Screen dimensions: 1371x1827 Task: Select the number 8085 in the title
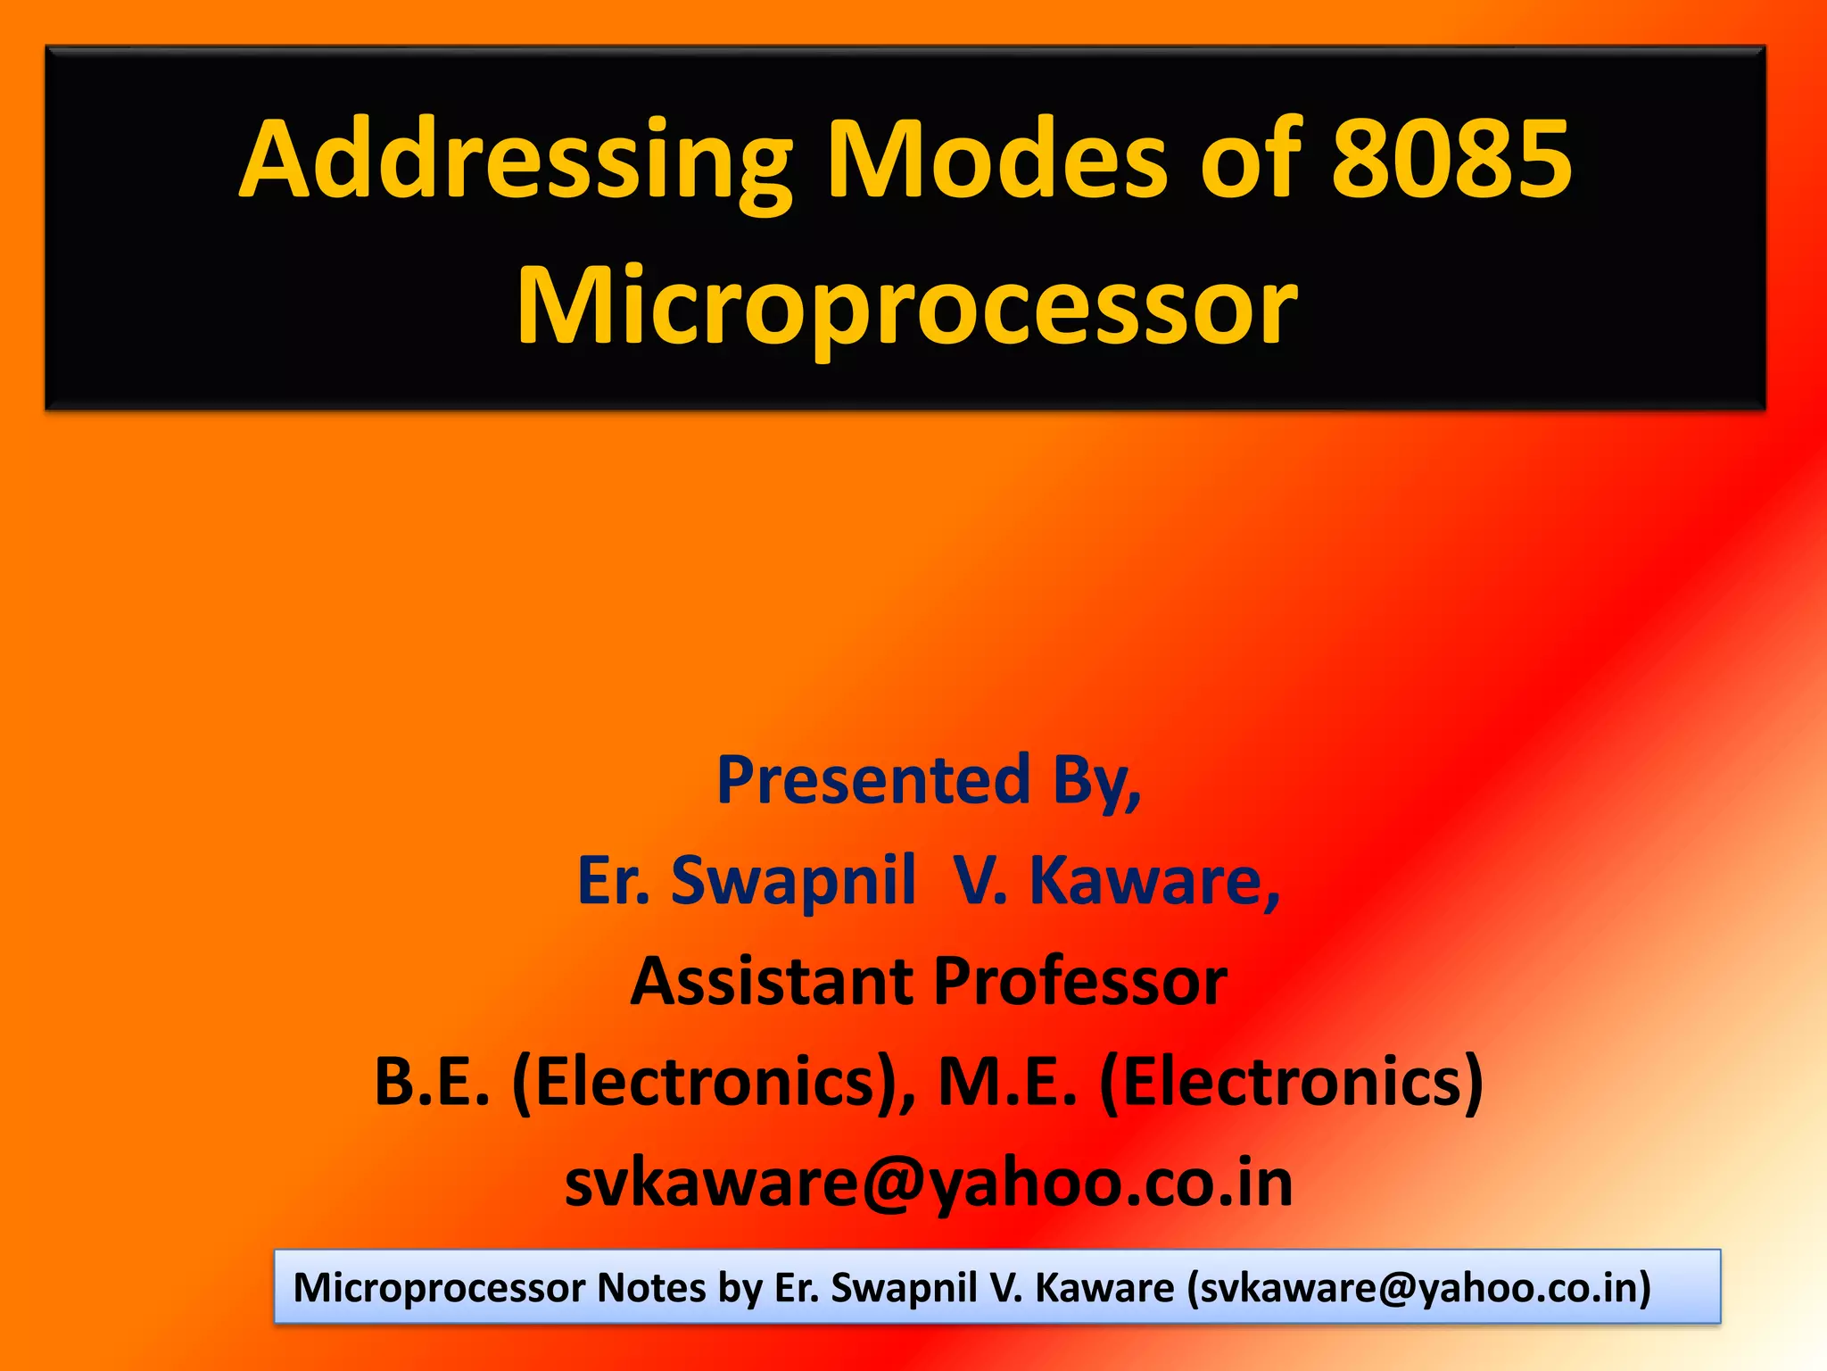tap(1451, 161)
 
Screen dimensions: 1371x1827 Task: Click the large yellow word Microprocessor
tap(906, 305)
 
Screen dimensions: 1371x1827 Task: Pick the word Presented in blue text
tap(873, 780)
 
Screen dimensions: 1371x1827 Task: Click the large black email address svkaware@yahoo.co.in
tap(929, 1183)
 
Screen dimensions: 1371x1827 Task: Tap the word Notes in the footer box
tap(651, 1287)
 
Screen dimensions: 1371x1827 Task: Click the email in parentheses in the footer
tap(1419, 1287)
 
